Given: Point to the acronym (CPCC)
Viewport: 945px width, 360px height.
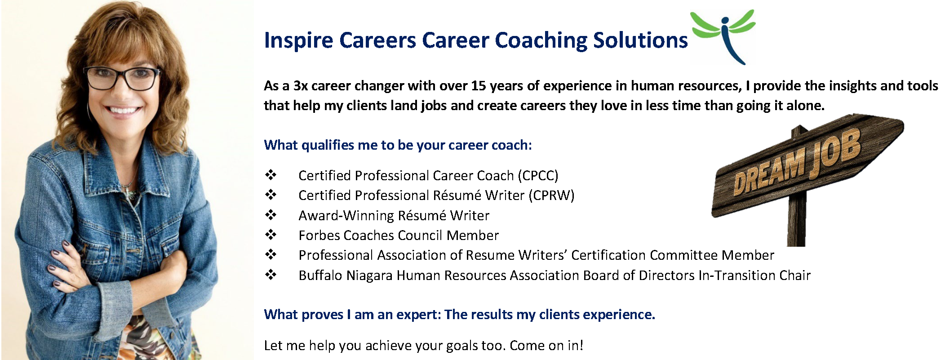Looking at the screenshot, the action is [538, 175].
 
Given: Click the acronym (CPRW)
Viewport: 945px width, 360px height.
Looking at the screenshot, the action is [551, 196].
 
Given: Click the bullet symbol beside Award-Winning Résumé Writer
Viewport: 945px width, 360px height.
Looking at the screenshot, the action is [271, 215].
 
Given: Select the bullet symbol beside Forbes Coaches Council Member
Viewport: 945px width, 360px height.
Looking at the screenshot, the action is [271, 235].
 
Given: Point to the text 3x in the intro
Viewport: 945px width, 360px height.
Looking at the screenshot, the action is [301, 85].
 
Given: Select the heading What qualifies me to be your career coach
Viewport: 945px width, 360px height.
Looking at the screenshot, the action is [398, 145].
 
